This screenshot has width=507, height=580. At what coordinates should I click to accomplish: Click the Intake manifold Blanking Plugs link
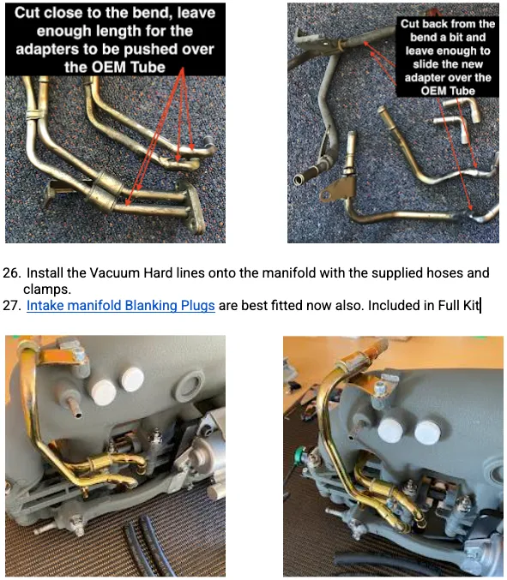[x=121, y=306]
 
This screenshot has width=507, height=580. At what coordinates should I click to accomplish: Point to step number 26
[x=10, y=273]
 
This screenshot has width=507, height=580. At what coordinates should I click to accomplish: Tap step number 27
[x=10, y=306]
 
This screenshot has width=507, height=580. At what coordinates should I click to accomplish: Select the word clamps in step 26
[x=46, y=290]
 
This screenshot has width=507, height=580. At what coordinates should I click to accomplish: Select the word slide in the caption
[x=426, y=64]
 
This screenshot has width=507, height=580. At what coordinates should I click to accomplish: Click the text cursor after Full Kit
[x=480, y=306]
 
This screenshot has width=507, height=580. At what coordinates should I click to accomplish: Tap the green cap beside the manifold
[x=299, y=452]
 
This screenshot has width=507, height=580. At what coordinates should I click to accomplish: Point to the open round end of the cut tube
[x=299, y=180]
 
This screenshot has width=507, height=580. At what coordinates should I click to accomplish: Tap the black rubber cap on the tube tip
[x=208, y=141]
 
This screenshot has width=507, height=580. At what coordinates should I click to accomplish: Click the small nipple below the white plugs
[x=74, y=407]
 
